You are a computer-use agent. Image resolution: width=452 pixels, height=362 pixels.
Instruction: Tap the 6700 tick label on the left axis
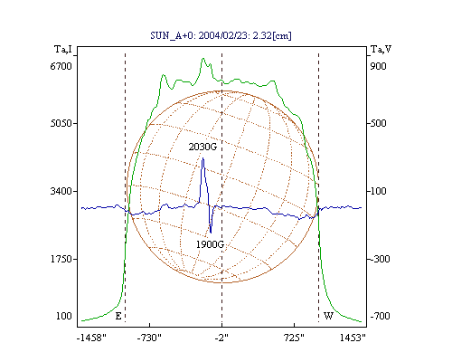tap(61, 66)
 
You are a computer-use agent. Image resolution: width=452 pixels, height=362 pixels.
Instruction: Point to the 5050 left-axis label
tap(61, 123)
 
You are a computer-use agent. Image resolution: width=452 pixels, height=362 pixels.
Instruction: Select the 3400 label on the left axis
tap(61, 191)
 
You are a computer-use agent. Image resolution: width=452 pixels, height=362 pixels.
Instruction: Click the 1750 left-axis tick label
tap(61, 259)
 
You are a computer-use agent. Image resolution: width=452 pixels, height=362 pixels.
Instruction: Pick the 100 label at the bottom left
tap(64, 316)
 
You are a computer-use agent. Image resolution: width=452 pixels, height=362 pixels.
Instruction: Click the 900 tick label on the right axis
tap(378, 66)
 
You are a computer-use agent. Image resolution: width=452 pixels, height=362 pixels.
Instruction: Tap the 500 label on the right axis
tap(378, 123)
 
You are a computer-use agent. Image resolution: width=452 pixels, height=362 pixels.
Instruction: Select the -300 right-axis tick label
tap(380, 259)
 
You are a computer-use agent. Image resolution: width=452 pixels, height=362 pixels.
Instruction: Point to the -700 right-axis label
tap(380, 316)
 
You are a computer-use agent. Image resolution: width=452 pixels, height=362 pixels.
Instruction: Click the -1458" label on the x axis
tap(91, 338)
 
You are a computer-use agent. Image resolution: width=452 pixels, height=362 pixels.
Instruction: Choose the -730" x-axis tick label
tap(149, 338)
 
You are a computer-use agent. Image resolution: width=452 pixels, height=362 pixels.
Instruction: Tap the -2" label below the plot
tap(221, 338)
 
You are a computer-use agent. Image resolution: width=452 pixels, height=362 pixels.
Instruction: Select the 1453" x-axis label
tap(353, 338)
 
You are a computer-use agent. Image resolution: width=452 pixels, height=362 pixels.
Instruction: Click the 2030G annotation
tap(202, 147)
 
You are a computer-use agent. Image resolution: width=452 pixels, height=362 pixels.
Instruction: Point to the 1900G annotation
tap(210, 244)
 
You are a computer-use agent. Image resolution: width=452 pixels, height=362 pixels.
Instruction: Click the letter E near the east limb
tap(118, 316)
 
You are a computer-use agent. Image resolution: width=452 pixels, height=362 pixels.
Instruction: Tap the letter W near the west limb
tap(328, 316)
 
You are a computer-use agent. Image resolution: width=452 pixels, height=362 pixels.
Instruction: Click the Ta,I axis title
tap(63, 49)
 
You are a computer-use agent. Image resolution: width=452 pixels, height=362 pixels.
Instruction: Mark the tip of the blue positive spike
tap(202, 157)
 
